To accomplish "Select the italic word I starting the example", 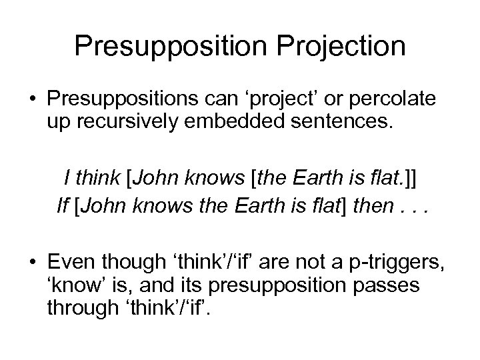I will pos(67,179).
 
